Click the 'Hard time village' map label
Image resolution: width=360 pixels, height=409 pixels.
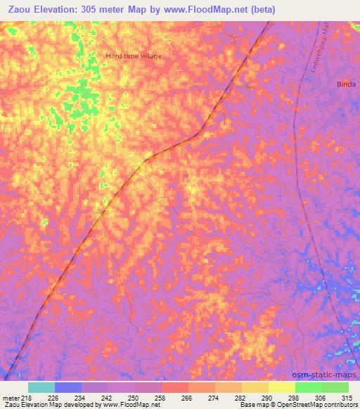pyautogui.click(x=134, y=56)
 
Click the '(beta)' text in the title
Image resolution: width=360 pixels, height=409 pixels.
pyautogui.click(x=266, y=9)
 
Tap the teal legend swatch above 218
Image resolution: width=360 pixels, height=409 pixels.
pyautogui.click(x=41, y=387)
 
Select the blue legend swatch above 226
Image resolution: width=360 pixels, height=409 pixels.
pyautogui.click(x=68, y=387)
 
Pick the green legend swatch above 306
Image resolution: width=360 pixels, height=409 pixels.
pyautogui.click(x=308, y=387)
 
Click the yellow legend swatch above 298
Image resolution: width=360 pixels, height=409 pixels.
pyautogui.click(x=281, y=387)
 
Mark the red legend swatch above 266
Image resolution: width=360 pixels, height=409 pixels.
pyautogui.click(x=175, y=387)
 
